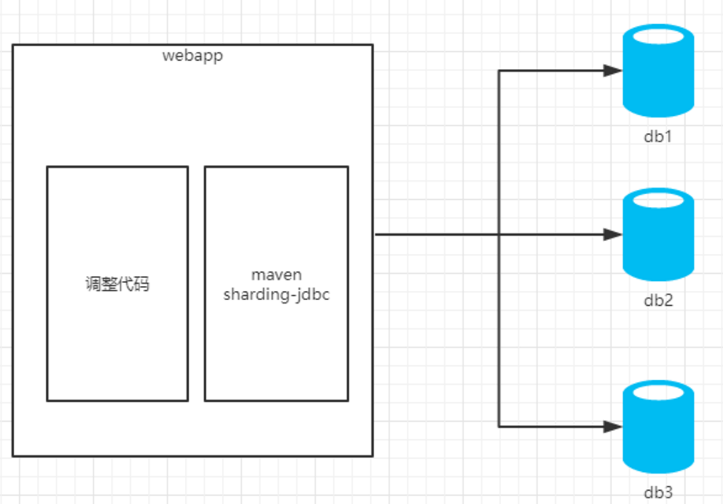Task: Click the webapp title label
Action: pyautogui.click(x=193, y=55)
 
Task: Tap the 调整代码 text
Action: pyautogui.click(x=117, y=284)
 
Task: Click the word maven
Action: pyautogui.click(x=277, y=275)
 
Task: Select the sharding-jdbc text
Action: pyautogui.click(x=277, y=294)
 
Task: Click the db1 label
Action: pyautogui.click(x=658, y=136)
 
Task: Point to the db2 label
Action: pyautogui.click(x=658, y=300)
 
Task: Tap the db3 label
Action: pyautogui.click(x=658, y=492)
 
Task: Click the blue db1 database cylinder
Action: pyautogui.click(x=658, y=71)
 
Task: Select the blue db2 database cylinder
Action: pyautogui.click(x=658, y=234)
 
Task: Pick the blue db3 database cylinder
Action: pyautogui.click(x=658, y=427)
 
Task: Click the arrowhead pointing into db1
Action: pyautogui.click(x=613, y=71)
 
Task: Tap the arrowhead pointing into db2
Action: pyautogui.click(x=613, y=234)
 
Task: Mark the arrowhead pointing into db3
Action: pyautogui.click(x=613, y=427)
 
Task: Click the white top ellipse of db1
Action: pyautogui.click(x=658, y=36)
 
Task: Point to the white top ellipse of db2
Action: pyautogui.click(x=658, y=200)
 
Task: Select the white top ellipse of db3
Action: pyautogui.click(x=658, y=392)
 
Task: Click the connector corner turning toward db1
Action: pyautogui.click(x=499, y=71)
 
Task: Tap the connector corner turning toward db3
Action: pyautogui.click(x=499, y=427)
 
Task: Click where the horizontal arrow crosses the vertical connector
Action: pyautogui.click(x=499, y=234)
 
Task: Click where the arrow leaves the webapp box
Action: pyautogui.click(x=375, y=234)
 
